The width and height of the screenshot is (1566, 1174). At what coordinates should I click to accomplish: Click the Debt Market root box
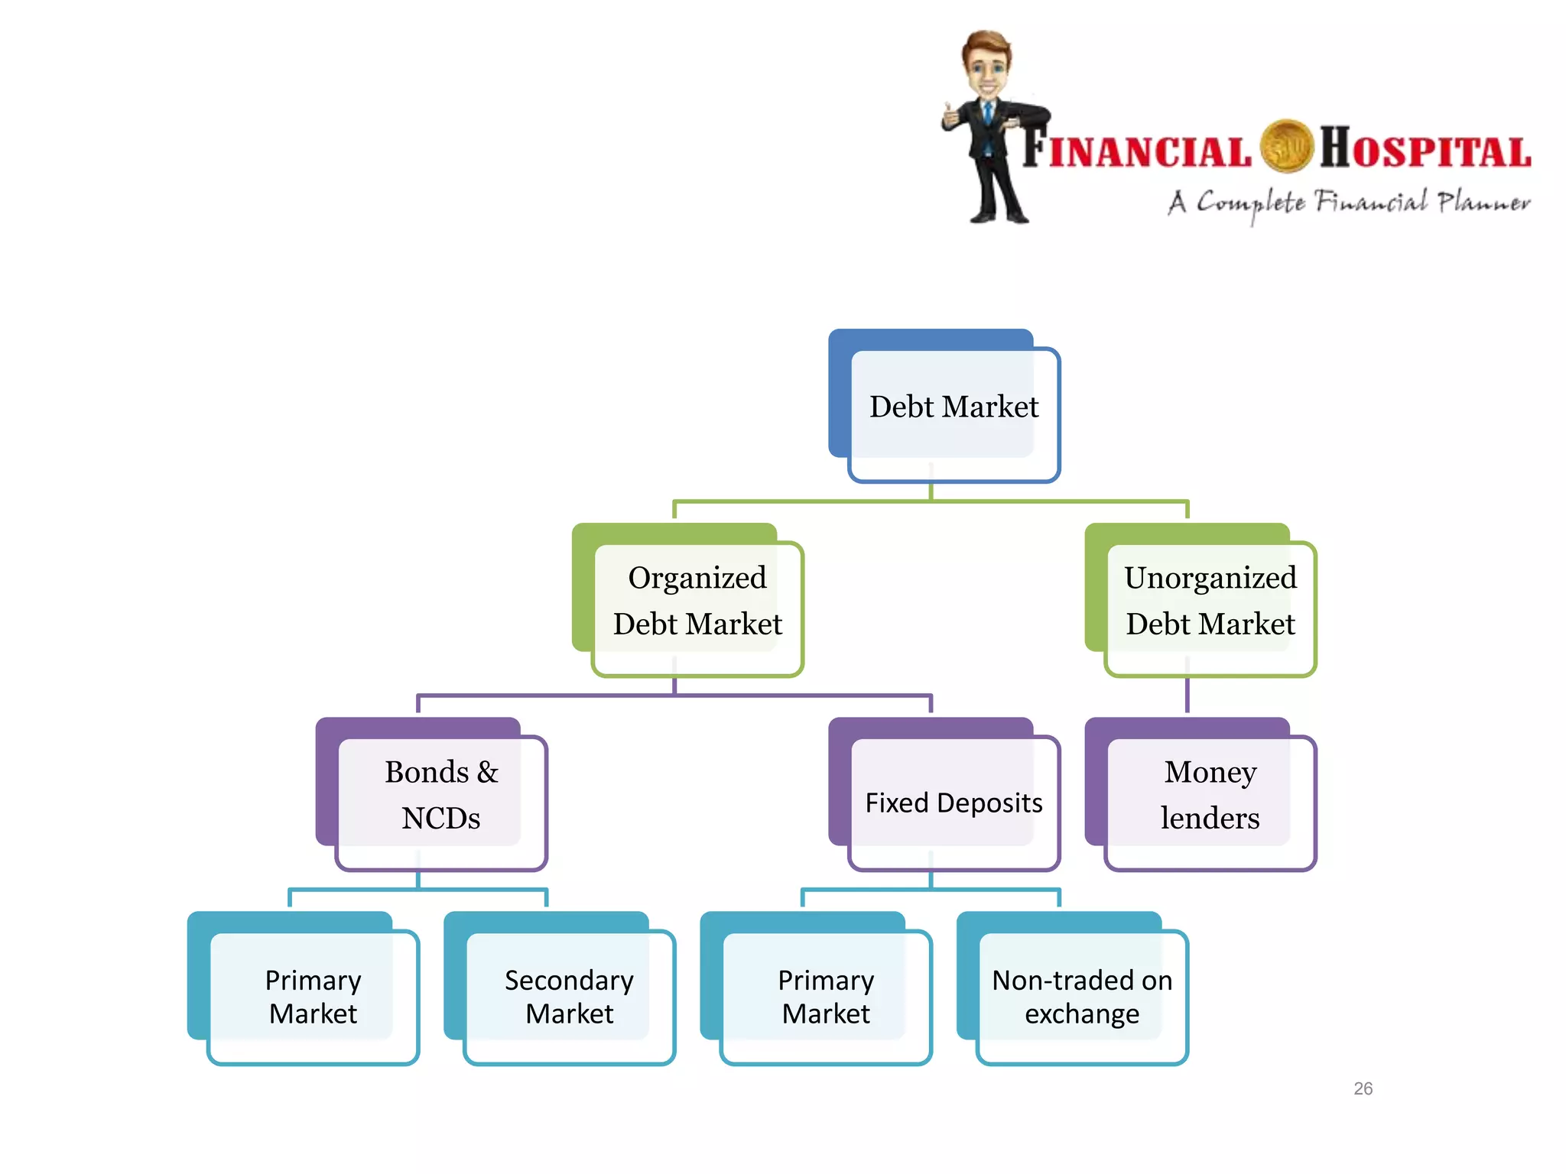point(954,407)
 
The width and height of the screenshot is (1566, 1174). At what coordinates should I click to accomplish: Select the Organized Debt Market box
point(697,602)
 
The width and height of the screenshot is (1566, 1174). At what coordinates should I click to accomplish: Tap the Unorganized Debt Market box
point(1210,602)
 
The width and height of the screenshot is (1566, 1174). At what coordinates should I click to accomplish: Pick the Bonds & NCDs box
point(440,796)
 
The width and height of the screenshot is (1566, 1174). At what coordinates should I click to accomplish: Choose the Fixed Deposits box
point(954,803)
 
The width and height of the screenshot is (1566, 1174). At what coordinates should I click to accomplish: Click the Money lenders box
point(1210,796)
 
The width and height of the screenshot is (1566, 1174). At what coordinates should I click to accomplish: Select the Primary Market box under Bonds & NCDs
point(313,997)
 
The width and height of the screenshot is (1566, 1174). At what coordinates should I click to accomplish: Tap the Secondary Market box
point(569,997)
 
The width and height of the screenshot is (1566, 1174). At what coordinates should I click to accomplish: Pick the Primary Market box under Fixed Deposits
point(826,997)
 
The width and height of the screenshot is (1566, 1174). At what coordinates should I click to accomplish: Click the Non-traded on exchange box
point(1082,997)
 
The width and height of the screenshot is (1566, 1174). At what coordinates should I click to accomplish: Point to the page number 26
point(1363,1088)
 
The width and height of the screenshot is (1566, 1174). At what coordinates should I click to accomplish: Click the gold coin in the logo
point(1286,145)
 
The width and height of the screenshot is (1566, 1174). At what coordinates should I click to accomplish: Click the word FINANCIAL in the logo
point(1137,149)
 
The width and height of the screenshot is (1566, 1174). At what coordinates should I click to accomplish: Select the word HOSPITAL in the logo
point(1425,149)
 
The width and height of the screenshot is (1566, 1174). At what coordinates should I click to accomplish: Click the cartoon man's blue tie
point(988,115)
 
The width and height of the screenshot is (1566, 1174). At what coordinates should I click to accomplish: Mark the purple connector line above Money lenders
point(1187,696)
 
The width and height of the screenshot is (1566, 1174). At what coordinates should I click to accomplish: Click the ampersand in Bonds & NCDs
point(487,773)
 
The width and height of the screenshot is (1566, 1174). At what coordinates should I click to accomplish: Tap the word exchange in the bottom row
point(1082,1014)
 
